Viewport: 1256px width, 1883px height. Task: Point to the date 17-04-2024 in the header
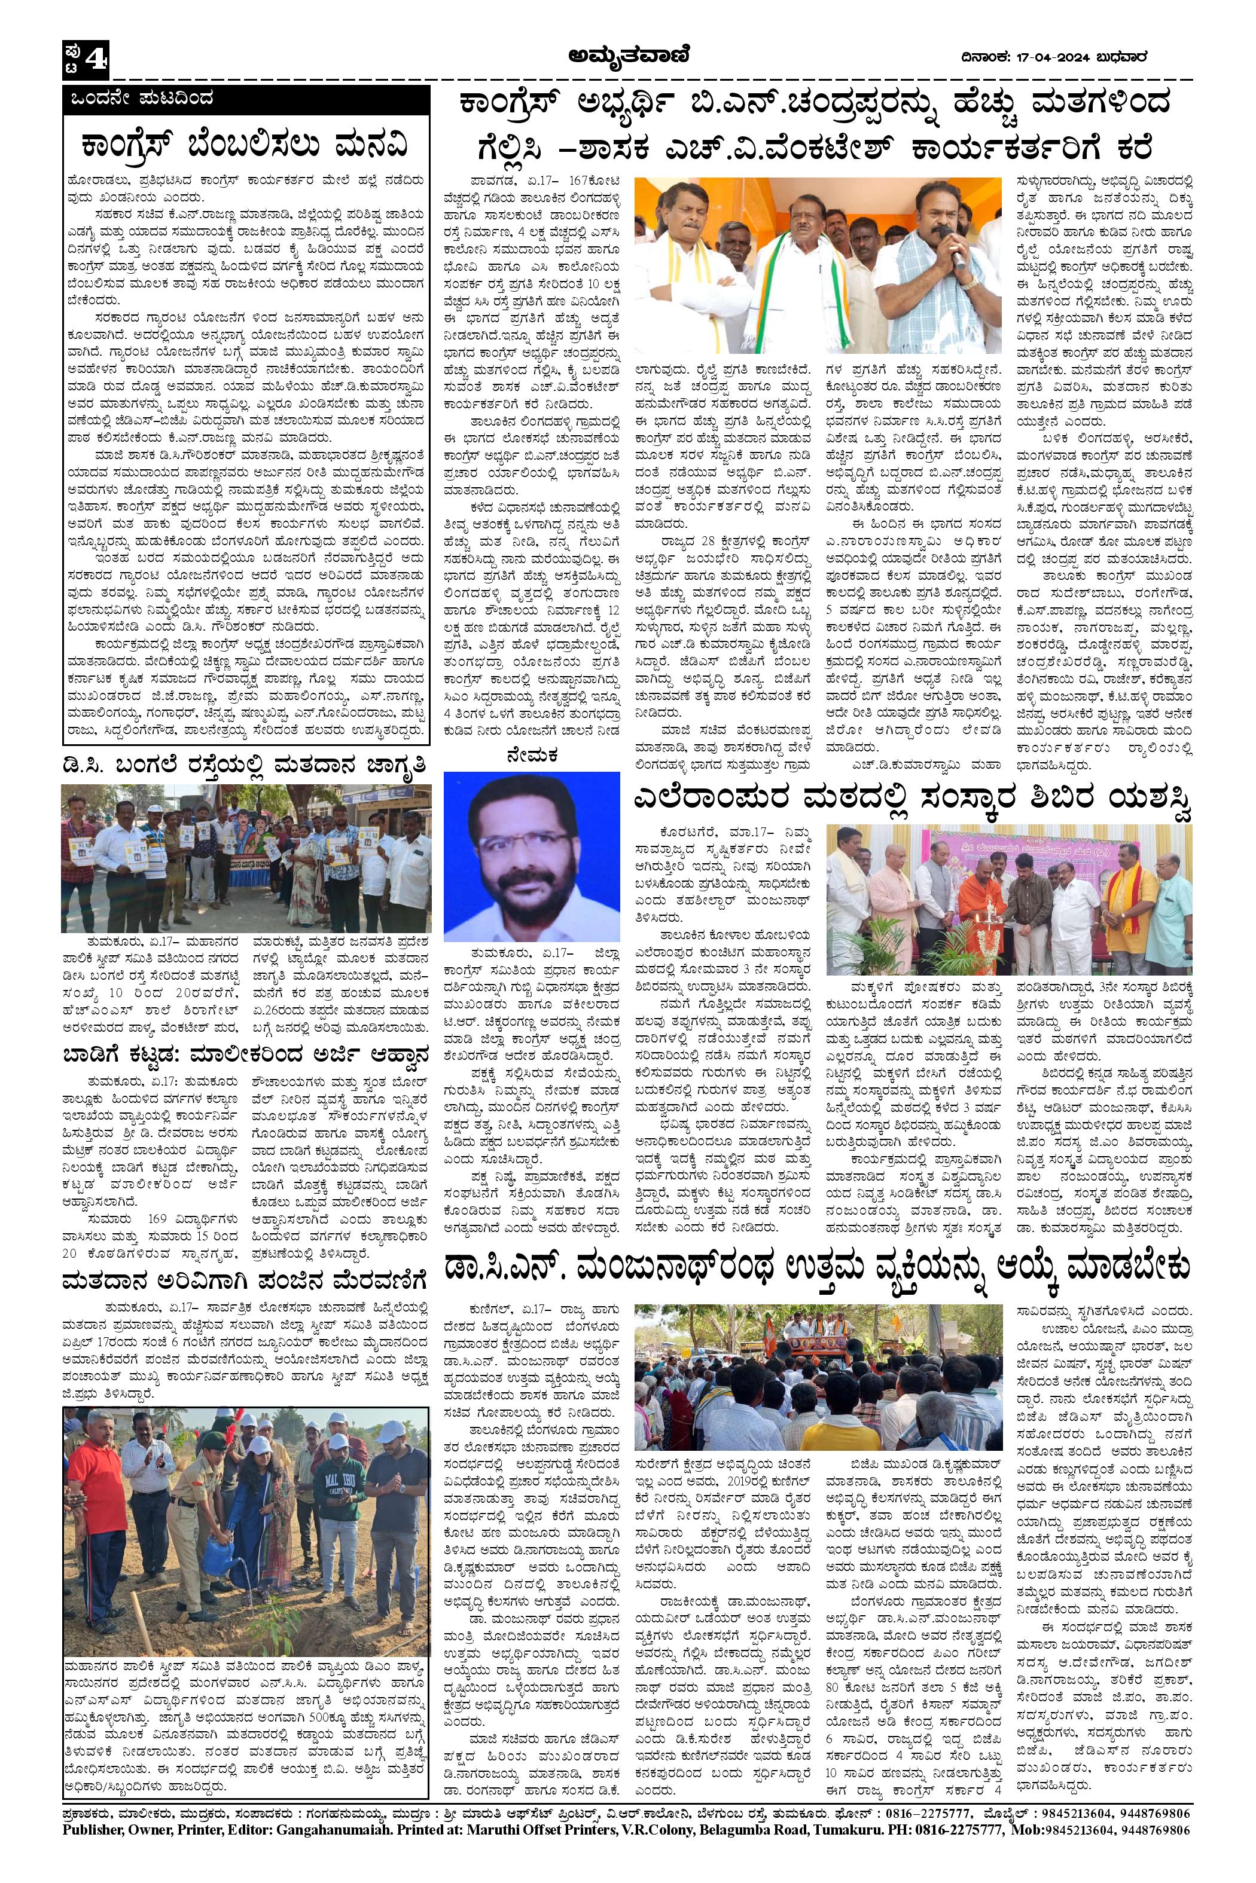[x=1045, y=56]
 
